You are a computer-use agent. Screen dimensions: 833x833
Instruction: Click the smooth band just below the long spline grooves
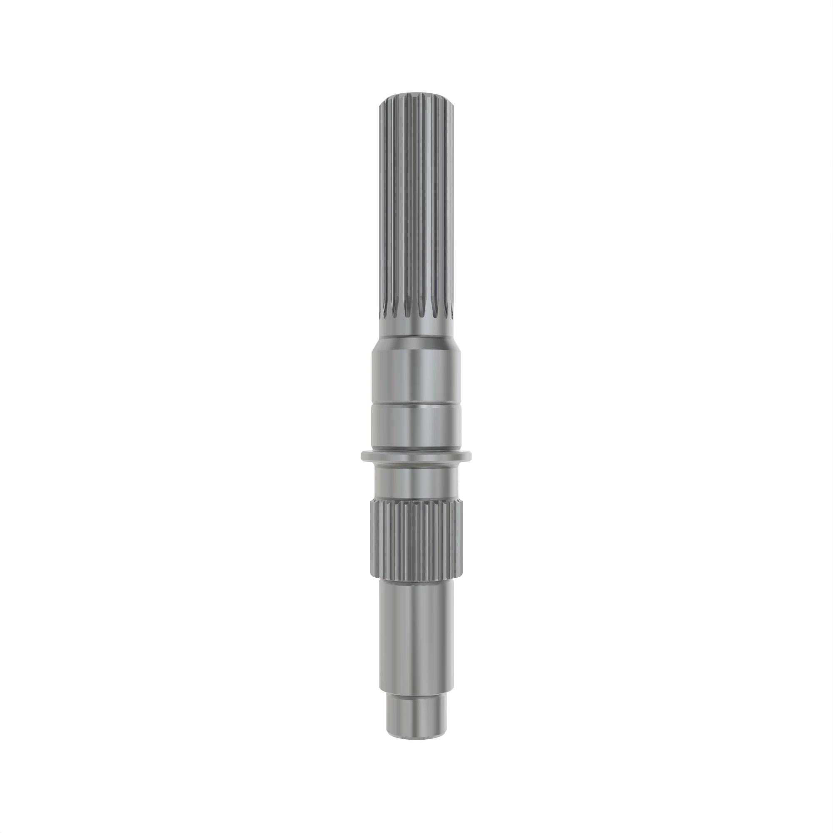click(416, 331)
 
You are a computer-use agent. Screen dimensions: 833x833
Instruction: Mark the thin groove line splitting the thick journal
click(416, 405)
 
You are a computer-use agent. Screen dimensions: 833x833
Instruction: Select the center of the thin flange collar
click(416, 456)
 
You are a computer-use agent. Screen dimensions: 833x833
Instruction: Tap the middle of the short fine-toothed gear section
click(416, 539)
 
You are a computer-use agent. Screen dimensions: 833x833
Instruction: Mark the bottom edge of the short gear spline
click(416, 577)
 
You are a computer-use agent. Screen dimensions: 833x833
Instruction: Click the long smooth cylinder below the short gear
click(416, 634)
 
